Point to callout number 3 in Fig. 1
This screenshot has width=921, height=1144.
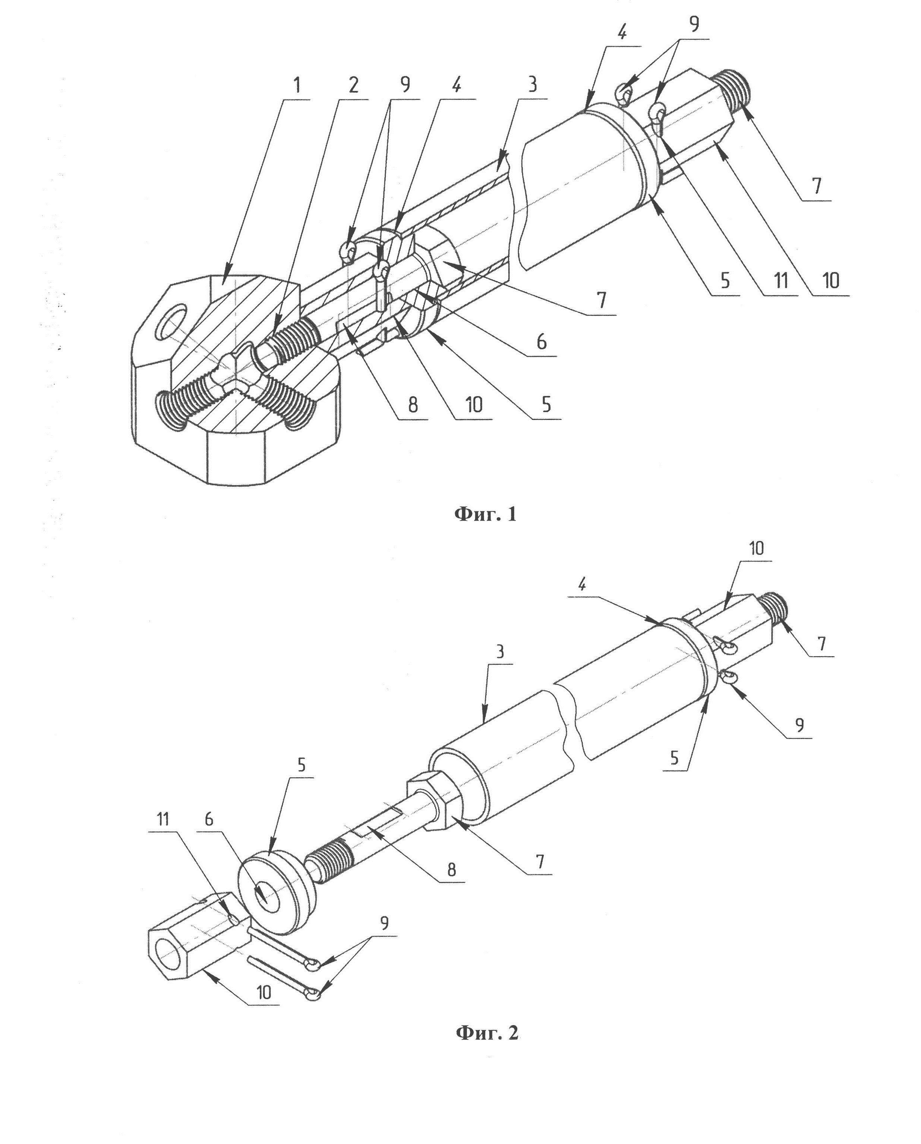(x=532, y=85)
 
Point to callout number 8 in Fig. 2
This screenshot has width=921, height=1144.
(x=451, y=869)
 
